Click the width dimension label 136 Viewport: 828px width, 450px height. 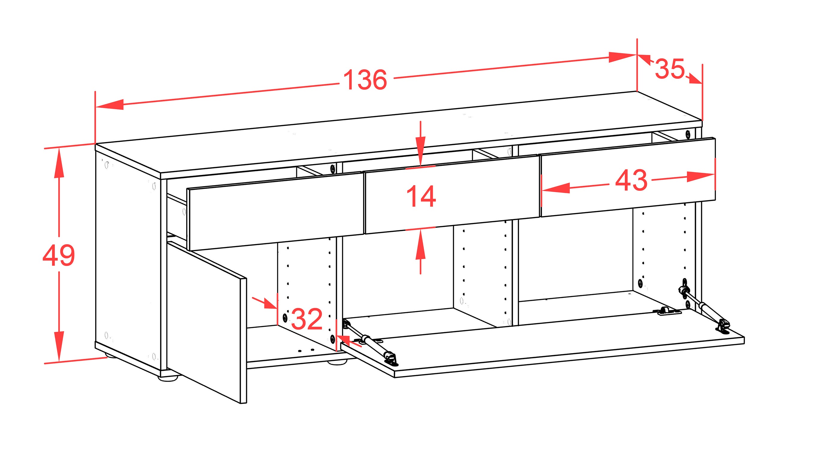click(365, 79)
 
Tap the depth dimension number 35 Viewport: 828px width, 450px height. click(669, 68)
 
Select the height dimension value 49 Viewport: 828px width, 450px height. click(58, 255)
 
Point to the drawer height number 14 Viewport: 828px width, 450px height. click(421, 196)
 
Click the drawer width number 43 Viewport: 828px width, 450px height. click(631, 180)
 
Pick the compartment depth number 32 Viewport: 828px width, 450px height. click(307, 319)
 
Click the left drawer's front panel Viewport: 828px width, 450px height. click(276, 211)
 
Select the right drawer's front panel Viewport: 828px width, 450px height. click(628, 177)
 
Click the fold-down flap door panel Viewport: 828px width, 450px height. click(543, 343)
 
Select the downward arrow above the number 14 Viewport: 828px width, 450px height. click(420, 144)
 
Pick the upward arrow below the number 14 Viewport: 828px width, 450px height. click(420, 251)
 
